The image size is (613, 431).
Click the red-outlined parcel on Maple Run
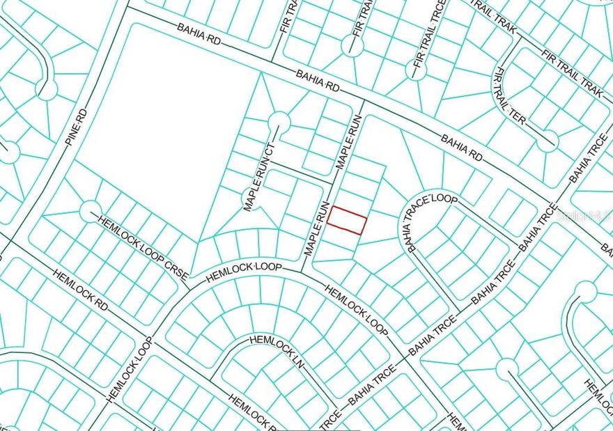347,220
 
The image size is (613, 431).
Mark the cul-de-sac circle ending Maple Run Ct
279,122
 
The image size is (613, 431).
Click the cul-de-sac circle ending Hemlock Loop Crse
91,210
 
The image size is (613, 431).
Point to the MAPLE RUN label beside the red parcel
315,228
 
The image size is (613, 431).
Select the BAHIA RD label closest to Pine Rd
199,35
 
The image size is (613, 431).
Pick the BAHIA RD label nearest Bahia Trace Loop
461,147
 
